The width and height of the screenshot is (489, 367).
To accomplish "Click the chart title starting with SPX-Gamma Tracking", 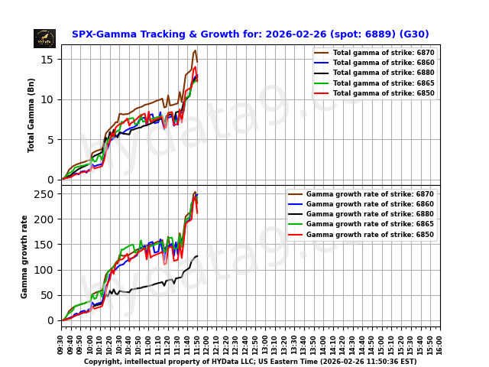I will click(250, 34).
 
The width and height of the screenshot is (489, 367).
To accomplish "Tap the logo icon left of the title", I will click(44, 38).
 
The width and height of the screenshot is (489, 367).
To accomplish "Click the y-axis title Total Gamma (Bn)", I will click(31, 115).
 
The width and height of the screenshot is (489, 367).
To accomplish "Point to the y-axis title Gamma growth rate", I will click(24, 256).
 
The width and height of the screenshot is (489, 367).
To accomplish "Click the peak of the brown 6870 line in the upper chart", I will click(196, 50).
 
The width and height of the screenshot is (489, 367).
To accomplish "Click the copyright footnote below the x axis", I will click(250, 362).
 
